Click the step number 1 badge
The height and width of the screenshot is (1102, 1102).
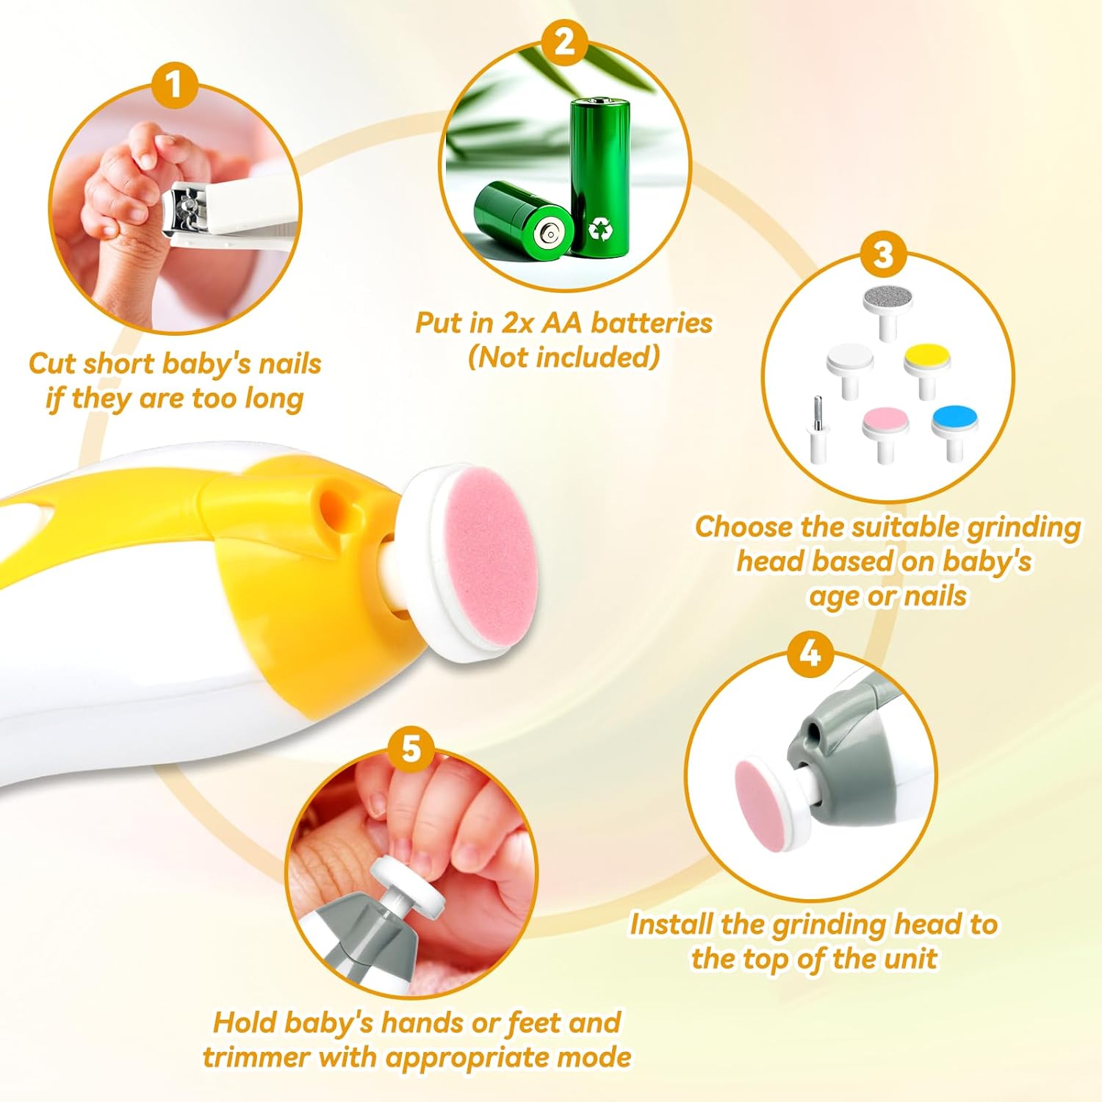[x=174, y=85]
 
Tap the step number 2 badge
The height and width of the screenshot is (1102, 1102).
[x=564, y=42]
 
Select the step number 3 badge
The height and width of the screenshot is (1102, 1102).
[x=884, y=254]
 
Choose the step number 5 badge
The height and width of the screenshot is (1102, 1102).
[x=411, y=749]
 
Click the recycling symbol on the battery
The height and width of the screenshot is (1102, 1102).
[x=601, y=231]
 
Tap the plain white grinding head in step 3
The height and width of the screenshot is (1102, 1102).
[x=850, y=370]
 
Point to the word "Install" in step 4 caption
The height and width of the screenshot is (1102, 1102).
[x=671, y=923]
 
